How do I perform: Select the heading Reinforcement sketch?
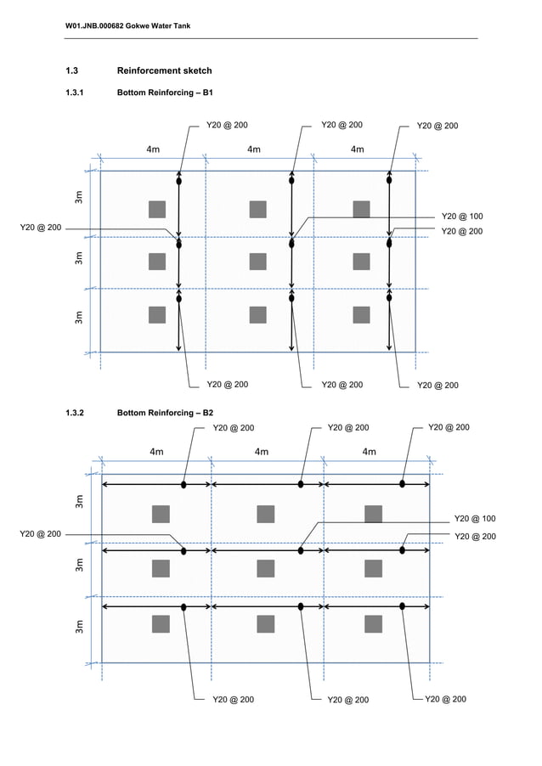(164, 70)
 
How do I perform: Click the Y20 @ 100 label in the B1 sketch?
(462, 216)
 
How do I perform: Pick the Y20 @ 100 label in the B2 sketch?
(475, 518)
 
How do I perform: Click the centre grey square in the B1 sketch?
(258, 261)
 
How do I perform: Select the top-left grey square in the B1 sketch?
(156, 210)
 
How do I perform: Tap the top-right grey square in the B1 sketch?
(361, 210)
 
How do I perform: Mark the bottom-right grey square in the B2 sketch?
(373, 624)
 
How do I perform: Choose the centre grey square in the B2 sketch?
(265, 568)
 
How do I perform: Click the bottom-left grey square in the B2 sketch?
(161, 624)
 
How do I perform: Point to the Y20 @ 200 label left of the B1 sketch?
(40, 228)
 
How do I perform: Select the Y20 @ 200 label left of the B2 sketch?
(40, 534)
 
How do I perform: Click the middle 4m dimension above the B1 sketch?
(254, 149)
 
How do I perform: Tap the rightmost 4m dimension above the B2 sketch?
(369, 452)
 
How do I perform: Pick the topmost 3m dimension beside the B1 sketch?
(79, 199)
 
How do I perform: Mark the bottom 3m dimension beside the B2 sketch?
(79, 627)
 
